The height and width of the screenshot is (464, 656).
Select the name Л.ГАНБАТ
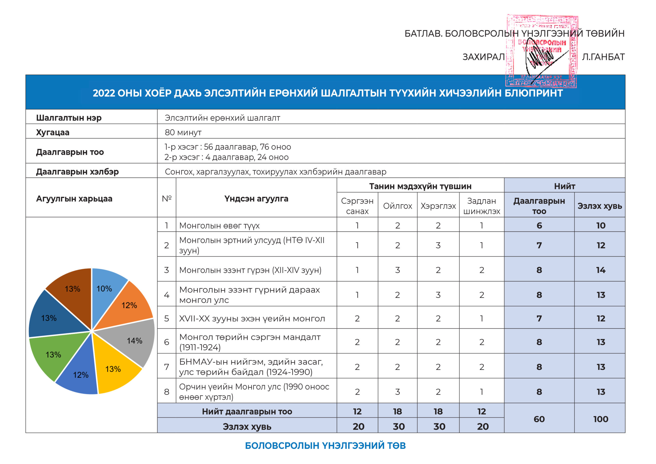[603, 57]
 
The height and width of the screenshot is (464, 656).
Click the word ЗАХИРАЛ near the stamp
[484, 57]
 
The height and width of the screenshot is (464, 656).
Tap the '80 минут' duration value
[183, 132]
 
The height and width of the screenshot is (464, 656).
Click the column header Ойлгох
[397, 206]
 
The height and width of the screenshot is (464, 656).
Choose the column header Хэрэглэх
[438, 206]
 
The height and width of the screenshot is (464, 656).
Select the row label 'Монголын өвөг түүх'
[219, 226]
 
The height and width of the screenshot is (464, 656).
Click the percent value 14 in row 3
[600, 270]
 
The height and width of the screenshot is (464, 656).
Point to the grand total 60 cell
[539, 419]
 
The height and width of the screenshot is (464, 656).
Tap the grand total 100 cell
[600, 419]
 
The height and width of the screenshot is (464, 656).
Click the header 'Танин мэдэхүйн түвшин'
[420, 186]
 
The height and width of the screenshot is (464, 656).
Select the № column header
[167, 198]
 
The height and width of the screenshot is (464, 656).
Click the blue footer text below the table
[325, 446]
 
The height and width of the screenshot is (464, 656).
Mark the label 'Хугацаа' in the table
[53, 132]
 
